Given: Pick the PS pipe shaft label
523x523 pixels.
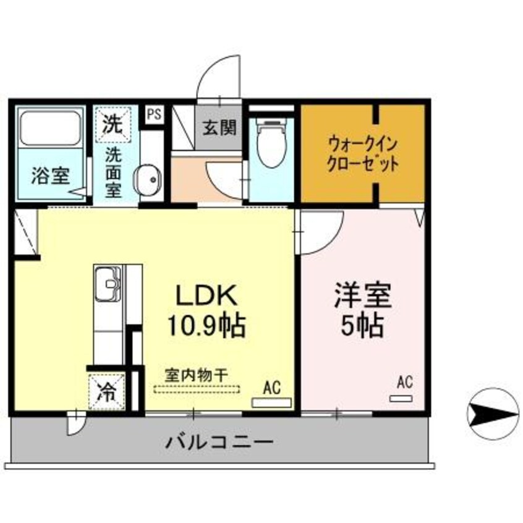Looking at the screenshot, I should tap(155, 114).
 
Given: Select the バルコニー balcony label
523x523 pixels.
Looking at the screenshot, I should tap(219, 442).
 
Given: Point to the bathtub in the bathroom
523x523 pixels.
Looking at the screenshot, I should tap(51, 129).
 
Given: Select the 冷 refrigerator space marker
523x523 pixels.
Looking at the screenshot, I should tap(108, 393).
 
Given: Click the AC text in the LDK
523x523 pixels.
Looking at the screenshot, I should tap(271, 388).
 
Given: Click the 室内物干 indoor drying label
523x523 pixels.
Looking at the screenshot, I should tap(196, 375).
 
